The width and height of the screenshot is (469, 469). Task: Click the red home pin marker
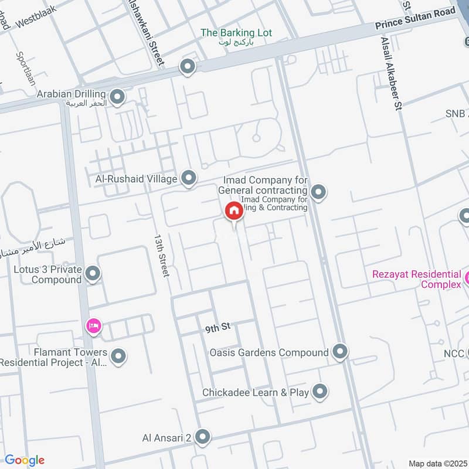click(234, 210)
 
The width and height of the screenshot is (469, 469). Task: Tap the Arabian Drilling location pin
click(117, 97)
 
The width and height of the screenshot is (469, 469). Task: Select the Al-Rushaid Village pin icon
click(189, 178)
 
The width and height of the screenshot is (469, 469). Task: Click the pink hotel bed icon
click(93, 325)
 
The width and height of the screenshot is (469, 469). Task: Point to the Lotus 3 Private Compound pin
click(93, 273)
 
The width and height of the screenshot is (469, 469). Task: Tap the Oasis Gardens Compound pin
click(340, 352)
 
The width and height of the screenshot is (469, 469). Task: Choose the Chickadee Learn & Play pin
click(320, 391)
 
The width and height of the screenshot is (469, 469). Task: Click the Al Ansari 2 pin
click(203, 436)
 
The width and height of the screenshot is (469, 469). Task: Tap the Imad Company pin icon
click(318, 191)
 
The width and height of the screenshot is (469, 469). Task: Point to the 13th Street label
click(162, 256)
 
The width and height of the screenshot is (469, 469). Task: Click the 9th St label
click(216, 329)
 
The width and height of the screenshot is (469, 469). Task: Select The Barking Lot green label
click(236, 33)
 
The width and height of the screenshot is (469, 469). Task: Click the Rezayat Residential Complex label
click(416, 279)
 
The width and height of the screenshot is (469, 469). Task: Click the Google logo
click(24, 461)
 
